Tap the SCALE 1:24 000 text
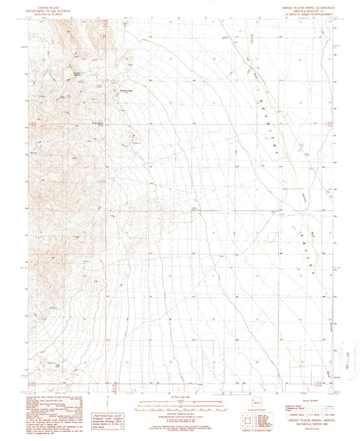coord(179,395)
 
